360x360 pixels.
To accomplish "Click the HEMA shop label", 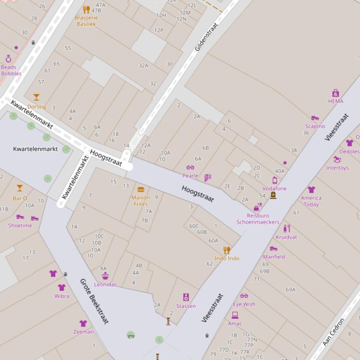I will pos(335,101).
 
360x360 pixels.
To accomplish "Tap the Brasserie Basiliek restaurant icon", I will pos(86,9).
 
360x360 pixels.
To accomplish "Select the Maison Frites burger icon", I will pos(140,190).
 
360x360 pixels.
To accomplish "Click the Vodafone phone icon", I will pos(275,180).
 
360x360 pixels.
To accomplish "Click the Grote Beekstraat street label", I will pos(94,302).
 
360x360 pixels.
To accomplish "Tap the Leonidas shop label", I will pos(105,284).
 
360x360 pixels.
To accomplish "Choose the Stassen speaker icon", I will pos(186,297).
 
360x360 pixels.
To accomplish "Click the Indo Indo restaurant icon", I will pos(227,250).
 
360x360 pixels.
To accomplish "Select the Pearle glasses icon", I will pos(190,167).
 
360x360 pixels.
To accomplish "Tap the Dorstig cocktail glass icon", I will pos(37,97).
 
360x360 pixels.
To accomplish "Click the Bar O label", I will pos(20,198).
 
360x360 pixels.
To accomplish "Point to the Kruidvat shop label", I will pos(286,237).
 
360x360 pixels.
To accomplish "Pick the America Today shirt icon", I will pos(311,189).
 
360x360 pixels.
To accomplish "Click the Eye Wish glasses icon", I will pos(244,295).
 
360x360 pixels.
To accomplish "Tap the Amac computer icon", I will pos(235,315).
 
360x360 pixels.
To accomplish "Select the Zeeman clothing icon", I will pos(83,324).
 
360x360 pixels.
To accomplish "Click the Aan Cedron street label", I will pos(333,331).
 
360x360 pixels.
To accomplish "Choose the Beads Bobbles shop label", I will pos(11,70).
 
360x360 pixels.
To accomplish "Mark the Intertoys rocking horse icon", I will pos(337,159).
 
